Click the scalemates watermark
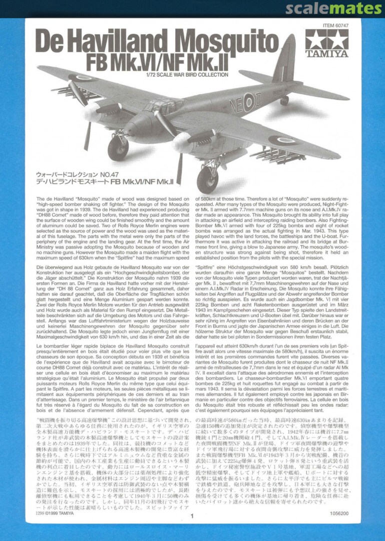click(333, 9)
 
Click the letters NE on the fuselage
click(236, 106)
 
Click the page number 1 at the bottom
click(192, 515)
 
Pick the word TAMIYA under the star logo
click(326, 53)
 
